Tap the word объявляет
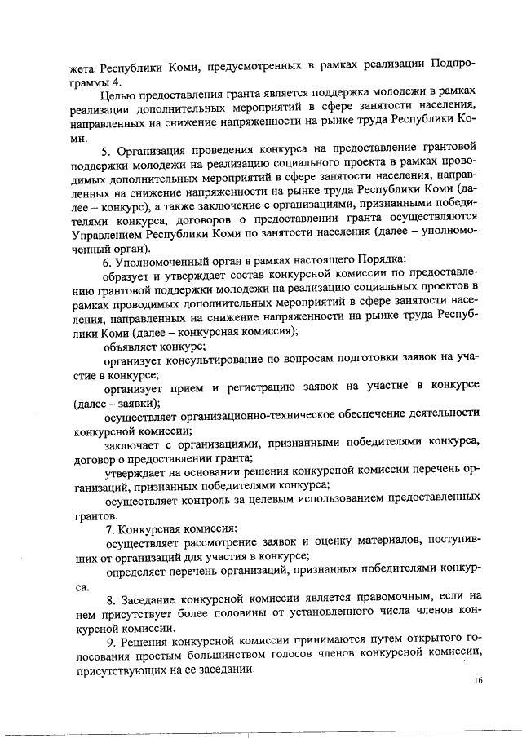pyautogui.click(x=131, y=345)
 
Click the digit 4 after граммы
pyautogui.click(x=117, y=82)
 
